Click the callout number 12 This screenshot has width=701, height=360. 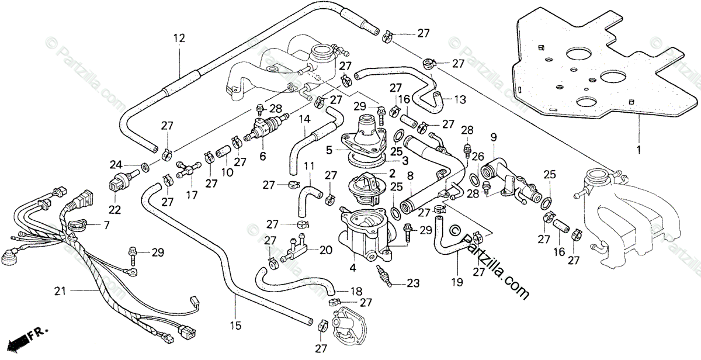coord(179,38)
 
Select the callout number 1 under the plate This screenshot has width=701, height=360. coord(638,150)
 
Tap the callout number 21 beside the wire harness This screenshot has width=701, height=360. coord(60,291)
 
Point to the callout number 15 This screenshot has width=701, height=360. coord(235,326)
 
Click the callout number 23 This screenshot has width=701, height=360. coord(413,283)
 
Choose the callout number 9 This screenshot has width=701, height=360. coord(494,137)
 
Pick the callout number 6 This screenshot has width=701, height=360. coord(262,156)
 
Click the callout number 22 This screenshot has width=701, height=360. coord(114,209)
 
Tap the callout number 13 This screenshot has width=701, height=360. coord(460,99)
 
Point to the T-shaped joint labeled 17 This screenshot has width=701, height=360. coord(189,169)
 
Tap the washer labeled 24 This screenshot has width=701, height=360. coord(145,167)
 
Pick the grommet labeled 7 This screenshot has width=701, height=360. coord(76,224)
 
